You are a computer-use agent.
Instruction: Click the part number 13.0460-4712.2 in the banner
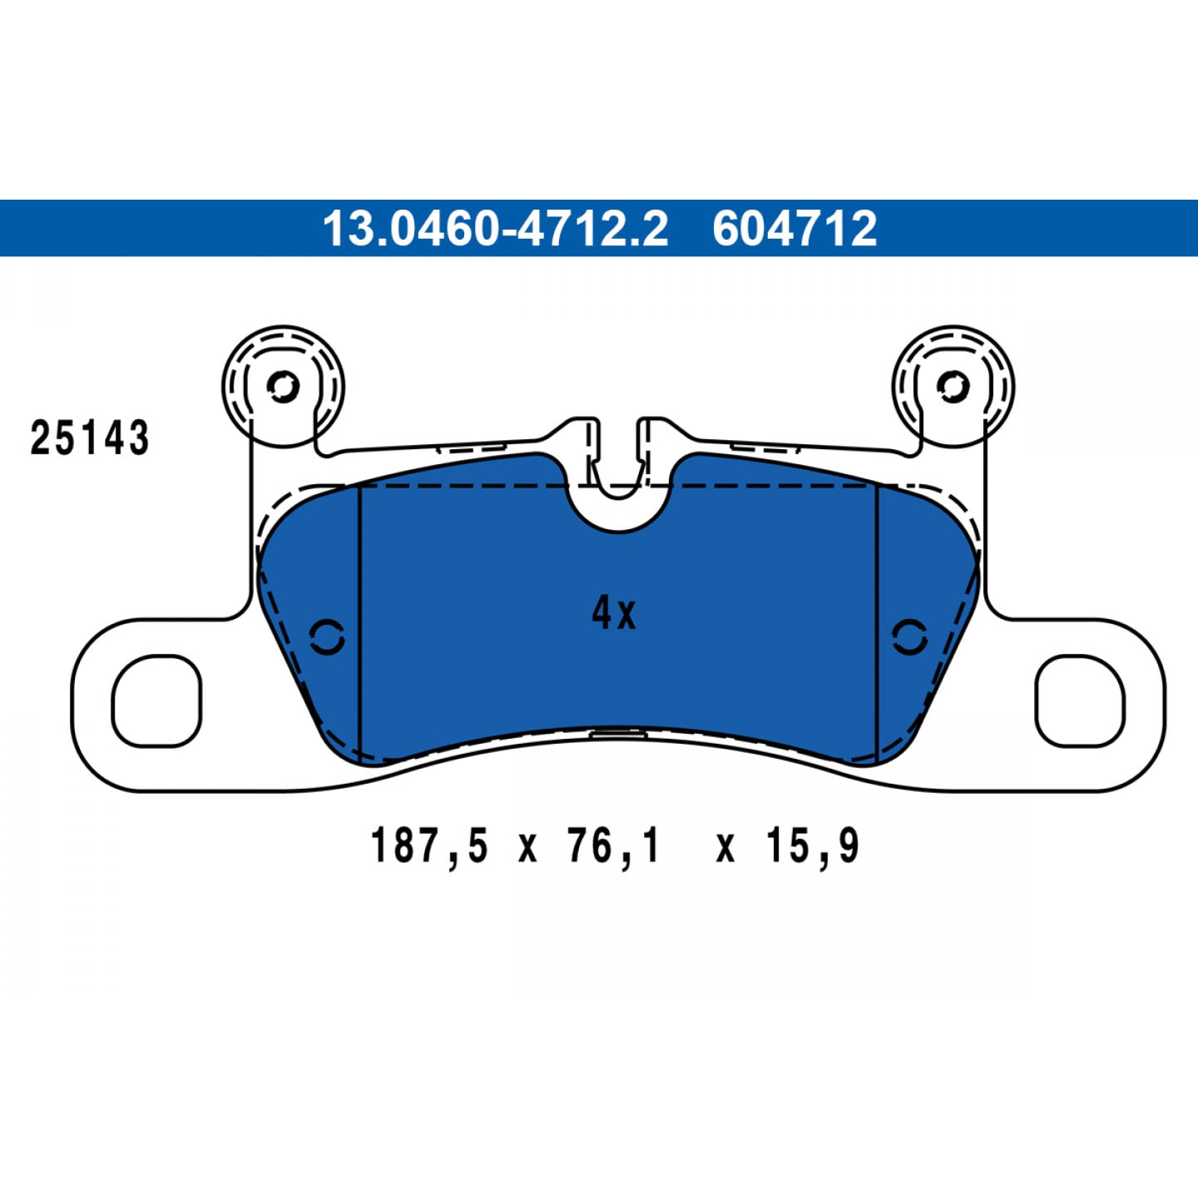click(496, 229)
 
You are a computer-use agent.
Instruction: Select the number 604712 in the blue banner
click(795, 229)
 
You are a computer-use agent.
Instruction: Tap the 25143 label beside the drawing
click(90, 438)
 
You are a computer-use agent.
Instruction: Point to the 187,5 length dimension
click(429, 845)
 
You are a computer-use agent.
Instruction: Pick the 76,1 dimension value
click(613, 845)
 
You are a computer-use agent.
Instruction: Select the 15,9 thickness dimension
click(813, 845)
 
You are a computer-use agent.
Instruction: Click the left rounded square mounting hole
click(156, 700)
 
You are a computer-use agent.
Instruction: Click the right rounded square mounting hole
click(1080, 700)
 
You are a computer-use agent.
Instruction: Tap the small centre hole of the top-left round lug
click(283, 387)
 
